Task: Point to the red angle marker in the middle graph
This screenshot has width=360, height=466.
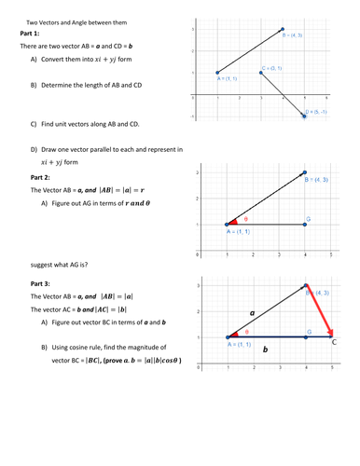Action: pyautogui.click(x=232, y=222)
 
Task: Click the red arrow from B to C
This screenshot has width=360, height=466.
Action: pyautogui.click(x=320, y=311)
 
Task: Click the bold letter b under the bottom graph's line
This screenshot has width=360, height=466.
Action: pyautogui.click(x=265, y=350)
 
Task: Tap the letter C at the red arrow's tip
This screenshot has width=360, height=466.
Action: pyautogui.click(x=335, y=343)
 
